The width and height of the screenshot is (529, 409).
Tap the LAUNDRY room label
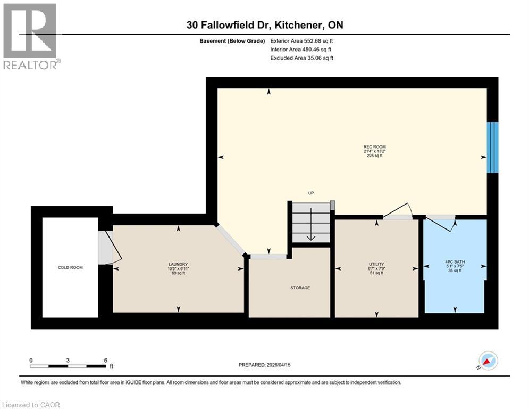178,265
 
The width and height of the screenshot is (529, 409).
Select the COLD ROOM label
70,267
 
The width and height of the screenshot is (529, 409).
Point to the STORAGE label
300,288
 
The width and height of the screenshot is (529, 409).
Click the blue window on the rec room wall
493,147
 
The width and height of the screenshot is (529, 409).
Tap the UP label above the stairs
312,193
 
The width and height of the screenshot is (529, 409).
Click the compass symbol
488,361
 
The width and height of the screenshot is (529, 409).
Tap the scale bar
68,365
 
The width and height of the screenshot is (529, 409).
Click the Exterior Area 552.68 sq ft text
302,40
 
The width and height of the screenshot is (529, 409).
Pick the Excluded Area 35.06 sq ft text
302,58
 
